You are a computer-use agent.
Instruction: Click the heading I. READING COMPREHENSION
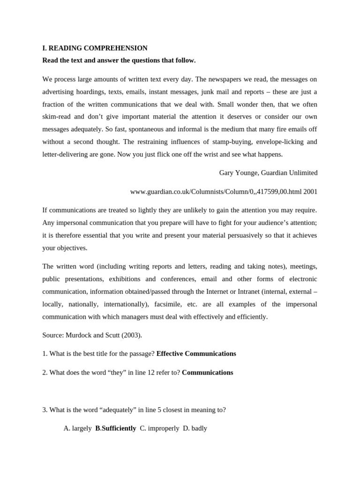pos(95,48)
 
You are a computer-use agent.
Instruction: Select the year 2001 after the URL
pos(310,192)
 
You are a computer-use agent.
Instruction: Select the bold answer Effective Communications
pos(196,354)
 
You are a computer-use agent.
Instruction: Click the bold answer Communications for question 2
pos(207,373)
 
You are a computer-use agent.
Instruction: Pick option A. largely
pos(77,428)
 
